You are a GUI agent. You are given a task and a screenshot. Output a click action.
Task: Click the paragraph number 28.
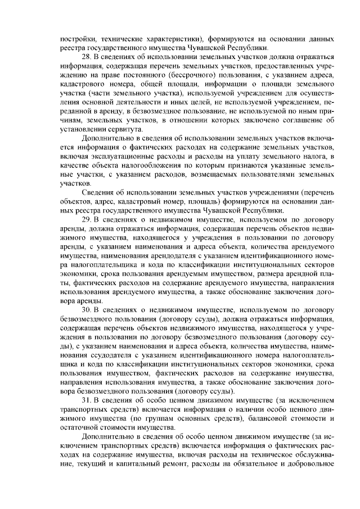(x=87, y=57)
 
